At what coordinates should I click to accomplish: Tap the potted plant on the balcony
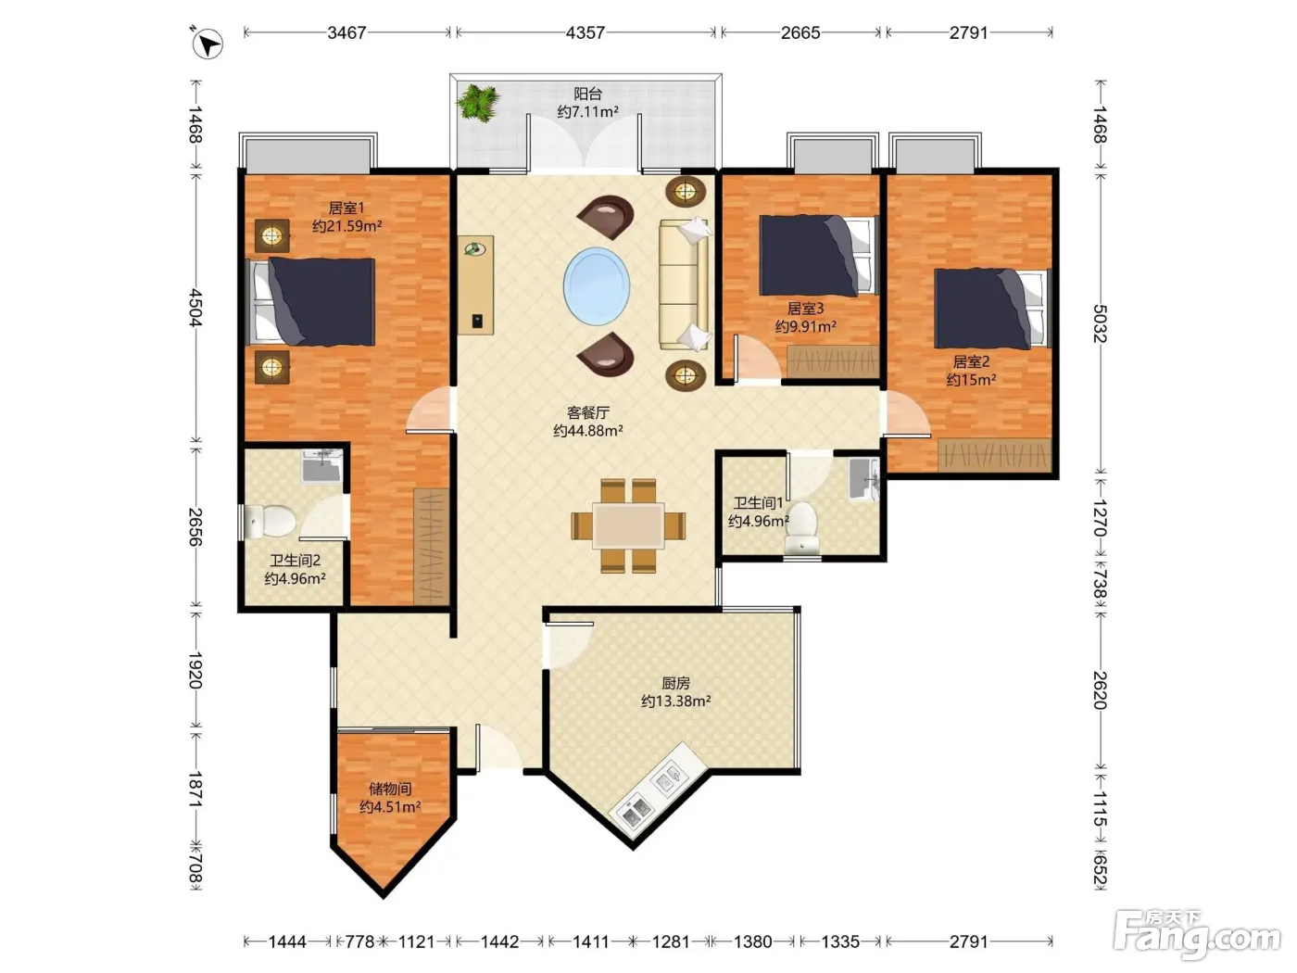tap(478, 103)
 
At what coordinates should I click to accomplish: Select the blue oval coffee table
tap(596, 286)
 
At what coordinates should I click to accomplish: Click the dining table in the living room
tap(628, 525)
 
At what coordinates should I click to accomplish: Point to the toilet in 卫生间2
tap(270, 521)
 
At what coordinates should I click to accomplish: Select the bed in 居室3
tap(818, 255)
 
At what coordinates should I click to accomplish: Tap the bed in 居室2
tap(991, 309)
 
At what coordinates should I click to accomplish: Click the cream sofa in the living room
tap(685, 284)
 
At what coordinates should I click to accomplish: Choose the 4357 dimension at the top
tap(585, 32)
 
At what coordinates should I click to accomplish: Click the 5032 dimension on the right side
tap(1100, 323)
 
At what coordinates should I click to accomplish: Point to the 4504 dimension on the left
tap(195, 308)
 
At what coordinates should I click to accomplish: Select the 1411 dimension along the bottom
tap(590, 941)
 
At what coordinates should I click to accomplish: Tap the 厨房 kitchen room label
tap(675, 684)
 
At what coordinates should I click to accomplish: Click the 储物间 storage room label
tap(390, 789)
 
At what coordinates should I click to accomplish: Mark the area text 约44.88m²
tap(588, 431)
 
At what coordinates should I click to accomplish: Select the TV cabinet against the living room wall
tap(475, 286)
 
